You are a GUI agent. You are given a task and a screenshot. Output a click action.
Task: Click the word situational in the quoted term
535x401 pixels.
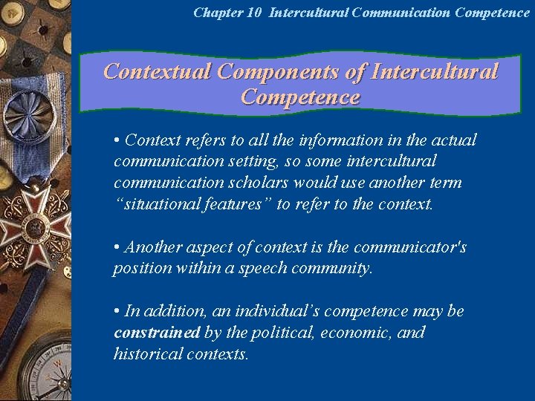pyautogui.click(x=156, y=204)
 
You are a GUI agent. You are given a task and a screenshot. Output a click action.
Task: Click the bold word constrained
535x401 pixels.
pyautogui.click(x=156, y=332)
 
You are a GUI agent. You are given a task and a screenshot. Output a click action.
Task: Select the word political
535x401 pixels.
pyautogui.click(x=279, y=332)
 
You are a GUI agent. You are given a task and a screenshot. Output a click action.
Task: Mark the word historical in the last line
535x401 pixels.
pyautogui.click(x=144, y=353)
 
